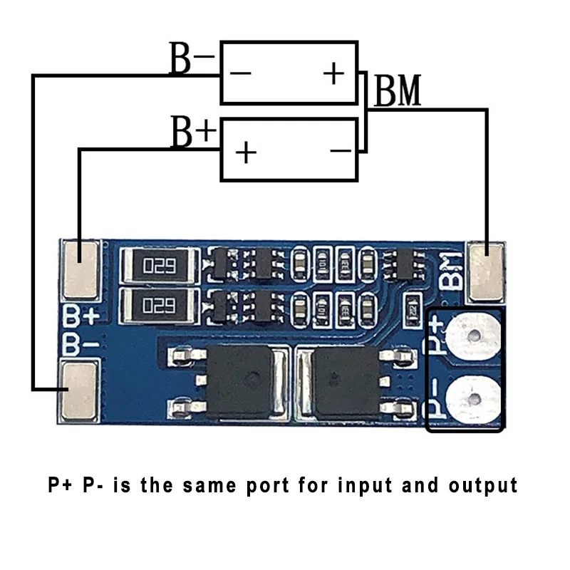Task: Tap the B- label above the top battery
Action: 191,59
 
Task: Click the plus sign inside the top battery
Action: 333,73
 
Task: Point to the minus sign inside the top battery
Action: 241,74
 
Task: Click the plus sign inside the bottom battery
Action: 246,152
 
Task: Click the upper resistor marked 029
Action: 159,266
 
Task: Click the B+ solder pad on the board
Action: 81,269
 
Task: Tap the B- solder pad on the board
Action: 79,390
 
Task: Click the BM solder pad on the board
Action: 487,271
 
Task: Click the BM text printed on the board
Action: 450,271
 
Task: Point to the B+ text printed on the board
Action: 79,316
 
